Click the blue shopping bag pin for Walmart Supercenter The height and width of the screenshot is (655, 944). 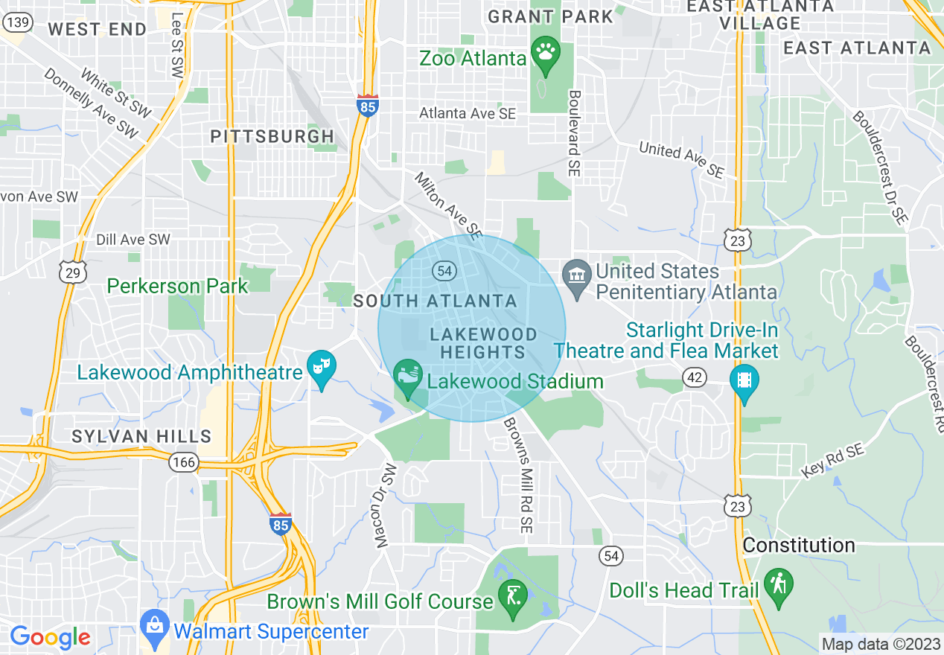154,627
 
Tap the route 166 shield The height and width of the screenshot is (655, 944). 183,462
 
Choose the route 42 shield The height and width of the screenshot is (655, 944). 695,378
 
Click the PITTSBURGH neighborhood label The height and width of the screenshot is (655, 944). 272,136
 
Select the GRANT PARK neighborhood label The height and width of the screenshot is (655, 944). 550,16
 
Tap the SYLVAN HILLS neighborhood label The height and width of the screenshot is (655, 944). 141,436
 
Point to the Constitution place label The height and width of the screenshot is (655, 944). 799,546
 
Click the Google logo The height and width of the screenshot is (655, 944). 50,637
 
